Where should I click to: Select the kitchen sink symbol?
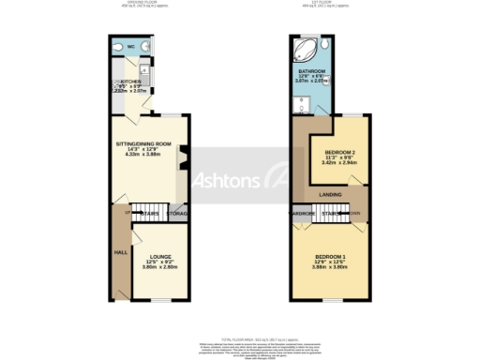(x=144, y=70)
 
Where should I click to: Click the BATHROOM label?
(x=311, y=71)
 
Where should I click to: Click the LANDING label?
(x=330, y=194)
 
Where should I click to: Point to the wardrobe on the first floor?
(x=301, y=214)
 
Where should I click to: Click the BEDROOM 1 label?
(x=330, y=256)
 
